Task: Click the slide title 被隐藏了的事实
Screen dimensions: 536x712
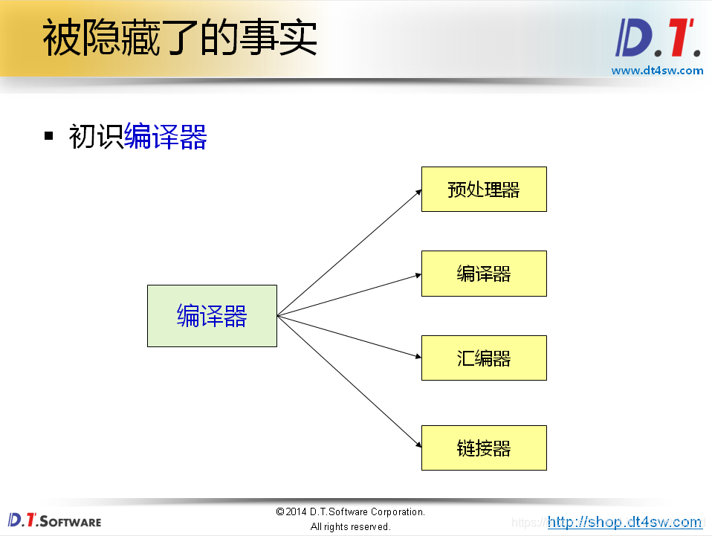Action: tap(180, 39)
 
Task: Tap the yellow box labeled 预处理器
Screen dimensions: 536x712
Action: tap(484, 190)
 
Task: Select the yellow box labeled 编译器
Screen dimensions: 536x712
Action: tap(484, 274)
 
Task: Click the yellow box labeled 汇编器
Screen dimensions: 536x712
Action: tap(484, 358)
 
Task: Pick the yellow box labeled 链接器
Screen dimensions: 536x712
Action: tap(484, 448)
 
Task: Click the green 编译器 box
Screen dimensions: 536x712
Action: tap(212, 316)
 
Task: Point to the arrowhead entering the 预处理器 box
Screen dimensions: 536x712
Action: tap(418, 191)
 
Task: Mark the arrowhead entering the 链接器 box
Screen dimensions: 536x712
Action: tap(418, 446)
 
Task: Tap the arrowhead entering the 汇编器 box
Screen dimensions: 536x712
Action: tap(418, 357)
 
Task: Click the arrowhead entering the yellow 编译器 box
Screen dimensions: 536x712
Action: tap(418, 274)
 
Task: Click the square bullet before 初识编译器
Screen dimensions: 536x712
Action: tap(49, 136)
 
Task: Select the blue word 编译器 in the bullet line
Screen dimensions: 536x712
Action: tap(165, 137)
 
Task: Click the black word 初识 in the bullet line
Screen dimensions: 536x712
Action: tap(96, 137)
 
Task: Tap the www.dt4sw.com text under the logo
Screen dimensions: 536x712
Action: tap(657, 71)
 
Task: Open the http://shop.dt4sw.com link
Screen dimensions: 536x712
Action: tap(624, 522)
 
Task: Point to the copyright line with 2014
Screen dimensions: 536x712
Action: tap(350, 511)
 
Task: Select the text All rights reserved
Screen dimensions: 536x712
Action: tap(350, 526)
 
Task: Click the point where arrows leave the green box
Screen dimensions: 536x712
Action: tap(277, 316)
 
